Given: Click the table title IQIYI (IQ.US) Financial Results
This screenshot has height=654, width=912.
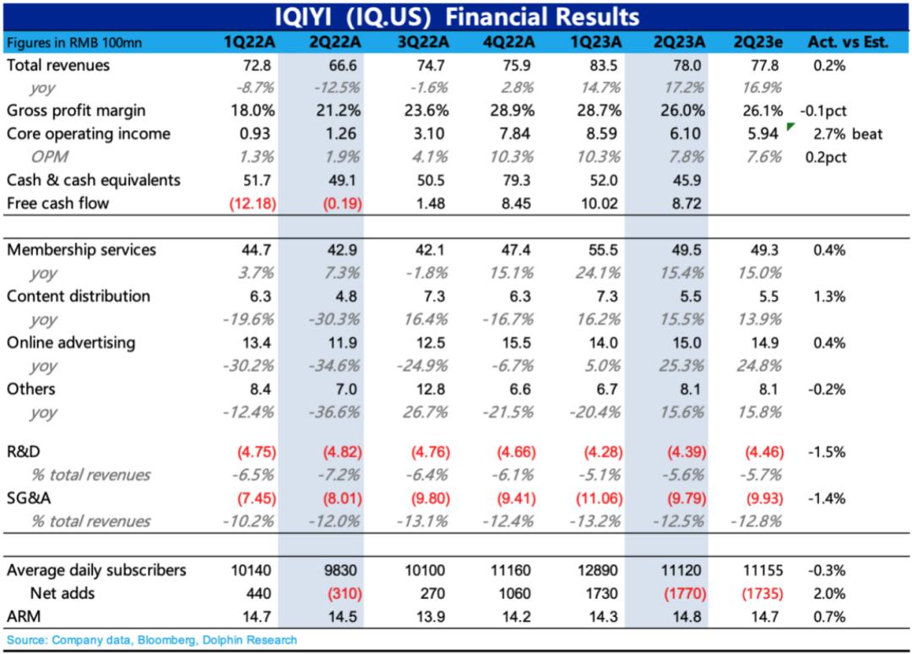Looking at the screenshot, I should click(457, 16).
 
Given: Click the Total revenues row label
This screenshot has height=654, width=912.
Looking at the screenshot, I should click(58, 65).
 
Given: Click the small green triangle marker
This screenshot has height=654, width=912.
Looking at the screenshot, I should click(790, 127).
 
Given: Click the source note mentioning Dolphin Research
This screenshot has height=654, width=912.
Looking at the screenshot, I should click(152, 640).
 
